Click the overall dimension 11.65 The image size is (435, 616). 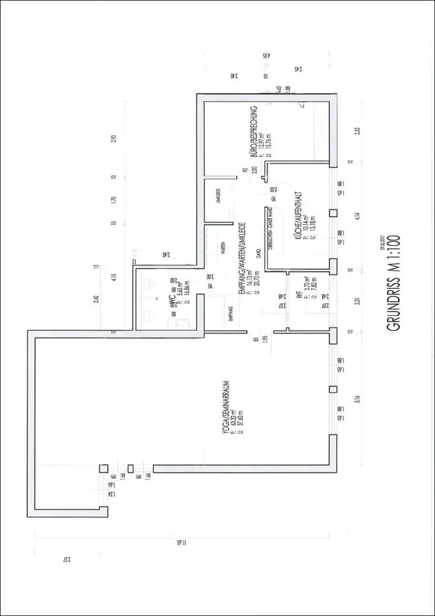(179, 542)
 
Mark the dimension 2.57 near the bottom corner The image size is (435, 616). (67, 561)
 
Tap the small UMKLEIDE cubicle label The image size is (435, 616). (218, 196)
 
